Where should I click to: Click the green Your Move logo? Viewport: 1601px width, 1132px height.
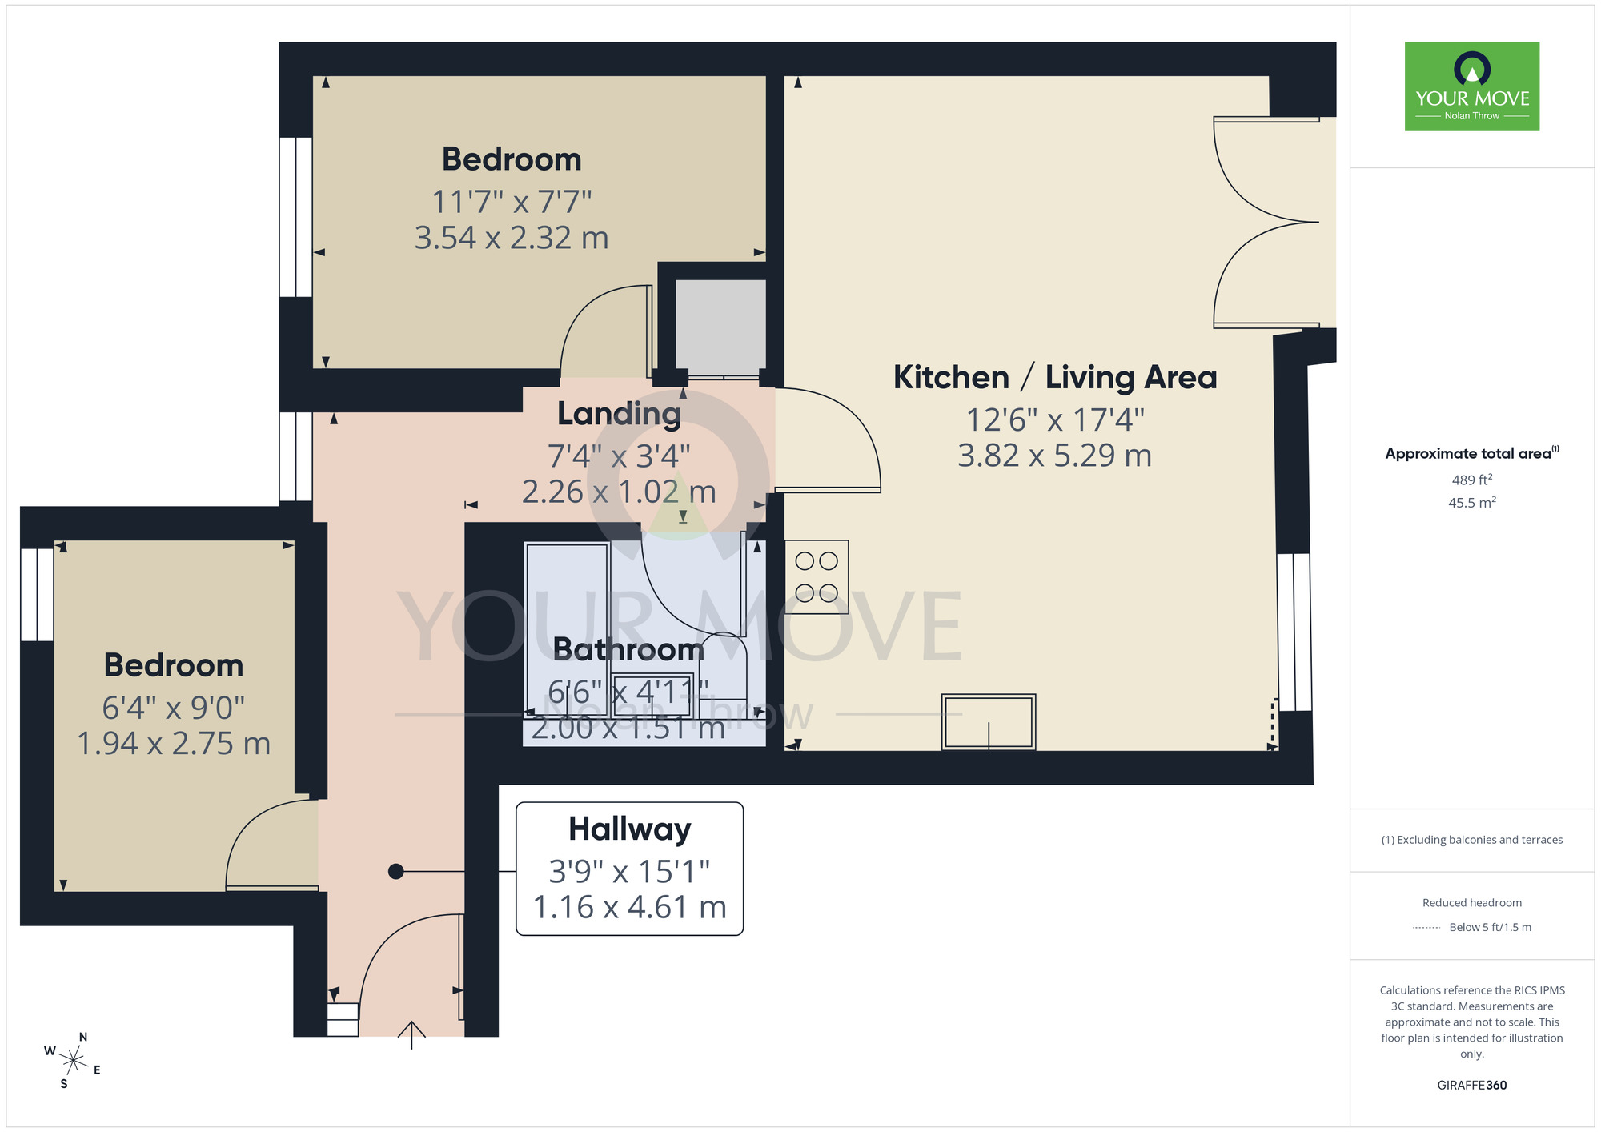tap(1471, 86)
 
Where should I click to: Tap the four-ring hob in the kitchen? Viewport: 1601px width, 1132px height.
tap(816, 576)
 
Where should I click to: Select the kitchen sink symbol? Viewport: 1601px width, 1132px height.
tap(989, 721)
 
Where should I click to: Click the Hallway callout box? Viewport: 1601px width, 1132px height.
tap(629, 869)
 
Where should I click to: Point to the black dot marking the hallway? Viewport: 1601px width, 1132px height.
tap(395, 871)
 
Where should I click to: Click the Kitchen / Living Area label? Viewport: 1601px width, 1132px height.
tap(1054, 377)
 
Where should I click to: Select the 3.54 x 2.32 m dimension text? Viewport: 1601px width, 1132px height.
tap(511, 238)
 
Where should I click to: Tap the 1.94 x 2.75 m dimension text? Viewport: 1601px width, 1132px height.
tap(173, 743)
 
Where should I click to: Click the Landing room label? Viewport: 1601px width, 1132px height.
tap(619, 414)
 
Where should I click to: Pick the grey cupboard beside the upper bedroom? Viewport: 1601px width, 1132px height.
tap(720, 327)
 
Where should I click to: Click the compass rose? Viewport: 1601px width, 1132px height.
tap(73, 1061)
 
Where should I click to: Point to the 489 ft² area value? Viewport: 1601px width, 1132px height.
tap(1471, 480)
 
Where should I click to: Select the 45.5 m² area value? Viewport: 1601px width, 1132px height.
tap(1471, 503)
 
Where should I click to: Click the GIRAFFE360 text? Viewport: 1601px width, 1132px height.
tap(1471, 1085)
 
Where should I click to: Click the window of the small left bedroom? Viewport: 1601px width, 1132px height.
tap(37, 594)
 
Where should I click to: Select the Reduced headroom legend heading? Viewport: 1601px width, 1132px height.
tap(1471, 902)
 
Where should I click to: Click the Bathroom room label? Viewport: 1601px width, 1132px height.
tap(628, 649)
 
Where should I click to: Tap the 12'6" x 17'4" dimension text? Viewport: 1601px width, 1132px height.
tap(1054, 419)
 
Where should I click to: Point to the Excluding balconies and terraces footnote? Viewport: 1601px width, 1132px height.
tap(1471, 840)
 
